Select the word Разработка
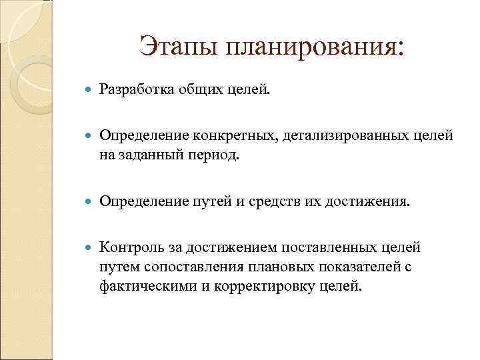(136, 89)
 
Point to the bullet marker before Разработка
(91, 89)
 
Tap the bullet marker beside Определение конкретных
(91, 137)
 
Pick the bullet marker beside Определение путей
(91, 201)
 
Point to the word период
(215, 155)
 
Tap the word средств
(267, 201)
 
